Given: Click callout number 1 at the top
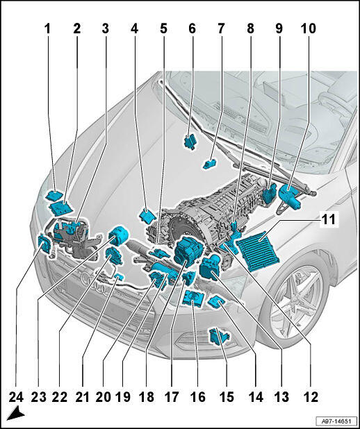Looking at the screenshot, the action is (48, 29).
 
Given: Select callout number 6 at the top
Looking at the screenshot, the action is (192, 29).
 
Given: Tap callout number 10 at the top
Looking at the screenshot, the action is (308, 29).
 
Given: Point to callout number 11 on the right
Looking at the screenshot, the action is (327, 219).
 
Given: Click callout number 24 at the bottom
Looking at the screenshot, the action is (16, 397).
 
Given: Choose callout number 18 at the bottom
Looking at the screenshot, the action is (147, 397).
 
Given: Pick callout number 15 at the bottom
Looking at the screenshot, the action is (227, 397).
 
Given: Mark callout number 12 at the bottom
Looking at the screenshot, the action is (311, 397).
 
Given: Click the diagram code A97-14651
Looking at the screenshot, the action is (336, 421).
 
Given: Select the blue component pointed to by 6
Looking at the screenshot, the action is (190, 142).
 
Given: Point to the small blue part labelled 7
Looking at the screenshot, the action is (210, 164).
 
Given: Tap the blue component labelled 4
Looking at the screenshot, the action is (147, 216).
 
